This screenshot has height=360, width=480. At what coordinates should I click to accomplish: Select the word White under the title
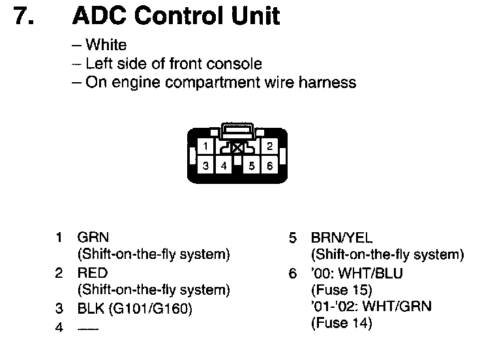(x=106, y=46)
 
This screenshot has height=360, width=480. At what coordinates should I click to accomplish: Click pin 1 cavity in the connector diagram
(x=205, y=146)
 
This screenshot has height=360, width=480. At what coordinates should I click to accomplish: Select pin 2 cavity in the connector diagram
(x=269, y=146)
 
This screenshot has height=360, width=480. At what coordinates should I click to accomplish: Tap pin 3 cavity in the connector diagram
(x=205, y=166)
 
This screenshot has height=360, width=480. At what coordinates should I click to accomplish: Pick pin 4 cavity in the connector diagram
(x=223, y=166)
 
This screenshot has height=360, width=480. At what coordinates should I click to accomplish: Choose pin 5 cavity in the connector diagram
(x=252, y=166)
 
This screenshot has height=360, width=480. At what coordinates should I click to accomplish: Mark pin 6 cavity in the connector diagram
(x=269, y=166)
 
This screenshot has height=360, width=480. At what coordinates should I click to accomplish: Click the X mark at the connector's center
(x=237, y=149)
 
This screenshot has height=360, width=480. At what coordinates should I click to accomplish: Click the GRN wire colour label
(x=93, y=237)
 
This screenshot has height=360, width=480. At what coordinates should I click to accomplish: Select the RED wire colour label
(x=93, y=273)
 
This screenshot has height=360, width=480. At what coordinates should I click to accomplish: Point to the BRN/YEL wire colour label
(x=342, y=237)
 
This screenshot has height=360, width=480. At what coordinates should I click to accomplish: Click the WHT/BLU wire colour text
(x=374, y=273)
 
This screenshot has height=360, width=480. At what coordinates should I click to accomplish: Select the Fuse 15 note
(x=342, y=290)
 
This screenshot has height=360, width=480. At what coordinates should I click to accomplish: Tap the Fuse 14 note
(x=342, y=323)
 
